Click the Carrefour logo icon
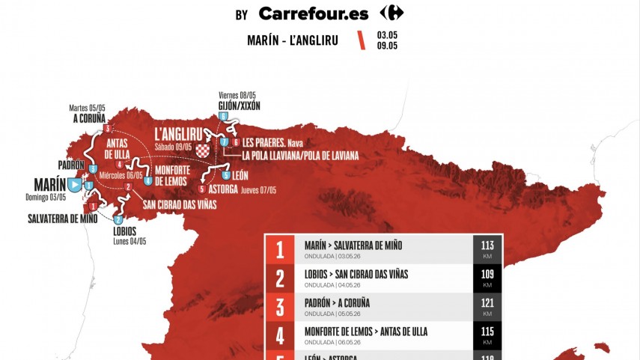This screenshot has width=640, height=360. [x=391, y=13]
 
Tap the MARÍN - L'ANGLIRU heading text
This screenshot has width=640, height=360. [x=292, y=40]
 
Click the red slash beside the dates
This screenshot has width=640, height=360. [x=362, y=40]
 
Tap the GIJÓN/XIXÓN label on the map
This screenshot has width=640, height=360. [x=239, y=106]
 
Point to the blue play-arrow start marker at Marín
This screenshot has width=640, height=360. [x=75, y=183]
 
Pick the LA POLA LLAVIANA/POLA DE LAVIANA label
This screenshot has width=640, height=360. [x=300, y=155]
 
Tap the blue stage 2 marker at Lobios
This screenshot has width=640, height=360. [x=118, y=219]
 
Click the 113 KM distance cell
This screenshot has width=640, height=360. [x=487, y=249]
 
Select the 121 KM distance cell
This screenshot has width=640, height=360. [x=487, y=307]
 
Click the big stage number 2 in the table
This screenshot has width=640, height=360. [x=280, y=278]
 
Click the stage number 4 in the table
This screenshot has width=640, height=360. [x=280, y=336]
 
